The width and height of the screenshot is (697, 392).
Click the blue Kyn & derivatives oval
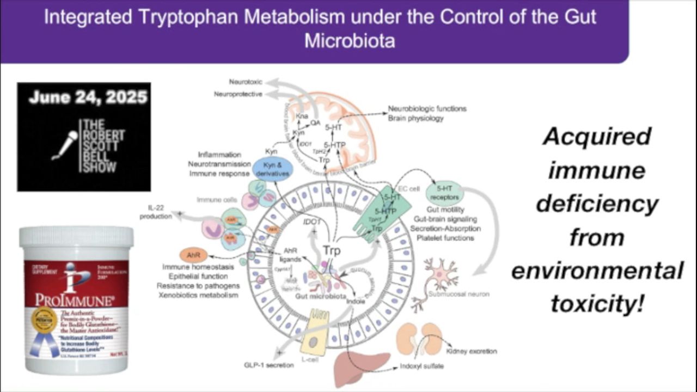pos(273,169)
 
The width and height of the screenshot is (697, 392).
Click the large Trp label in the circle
pos(332,251)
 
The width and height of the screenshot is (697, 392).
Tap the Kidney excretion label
pos(471,351)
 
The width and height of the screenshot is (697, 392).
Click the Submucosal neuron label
pos(451,294)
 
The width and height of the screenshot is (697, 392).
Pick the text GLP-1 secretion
pos(268,365)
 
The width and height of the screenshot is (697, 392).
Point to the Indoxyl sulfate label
pos(421,366)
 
